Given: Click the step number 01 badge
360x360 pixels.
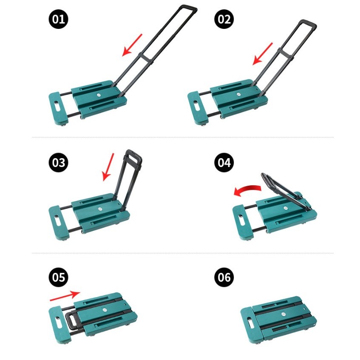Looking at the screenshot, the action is pos(58,19).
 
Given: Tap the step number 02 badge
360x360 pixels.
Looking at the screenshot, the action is pos(224,19).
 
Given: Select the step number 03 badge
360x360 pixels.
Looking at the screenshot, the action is pos(58,162).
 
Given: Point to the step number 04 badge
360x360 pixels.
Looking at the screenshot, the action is pos(224,162).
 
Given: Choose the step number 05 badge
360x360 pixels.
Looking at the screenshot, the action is pos(58,277).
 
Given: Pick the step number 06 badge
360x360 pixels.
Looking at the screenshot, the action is pos(224,277).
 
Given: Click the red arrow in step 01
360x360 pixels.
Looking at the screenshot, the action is pos(132,45).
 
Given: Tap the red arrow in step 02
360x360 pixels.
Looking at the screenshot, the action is pos(262,54).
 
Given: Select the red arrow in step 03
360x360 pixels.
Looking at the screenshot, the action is pos(108,167).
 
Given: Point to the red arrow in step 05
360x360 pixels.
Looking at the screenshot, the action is pos(65,296).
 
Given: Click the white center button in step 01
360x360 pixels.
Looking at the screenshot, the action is pos(99,95).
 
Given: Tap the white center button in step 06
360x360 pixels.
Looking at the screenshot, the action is pos(283,314).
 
